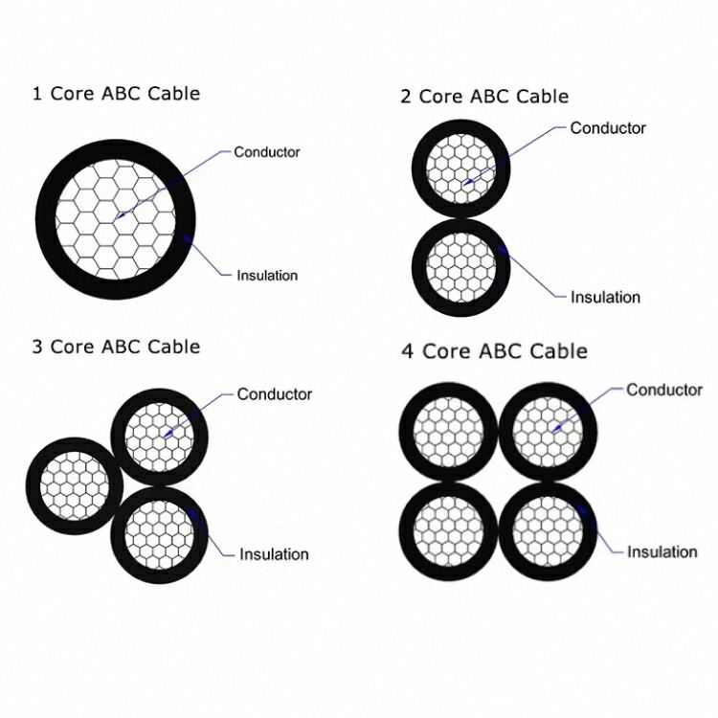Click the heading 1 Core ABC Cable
(x=116, y=93)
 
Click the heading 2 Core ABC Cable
(x=484, y=96)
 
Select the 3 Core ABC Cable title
(x=116, y=346)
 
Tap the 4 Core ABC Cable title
(x=494, y=351)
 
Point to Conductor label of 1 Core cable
(x=267, y=151)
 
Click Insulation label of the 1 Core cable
(x=267, y=276)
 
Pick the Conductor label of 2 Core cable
(x=608, y=127)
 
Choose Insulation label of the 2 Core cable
(x=605, y=297)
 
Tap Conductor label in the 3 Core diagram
(x=275, y=393)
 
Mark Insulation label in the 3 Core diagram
(x=274, y=554)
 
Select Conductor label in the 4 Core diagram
(x=664, y=390)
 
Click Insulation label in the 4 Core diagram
(x=662, y=551)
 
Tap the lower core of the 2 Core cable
(x=461, y=267)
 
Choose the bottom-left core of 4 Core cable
(x=447, y=531)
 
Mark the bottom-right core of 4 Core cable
(x=549, y=531)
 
